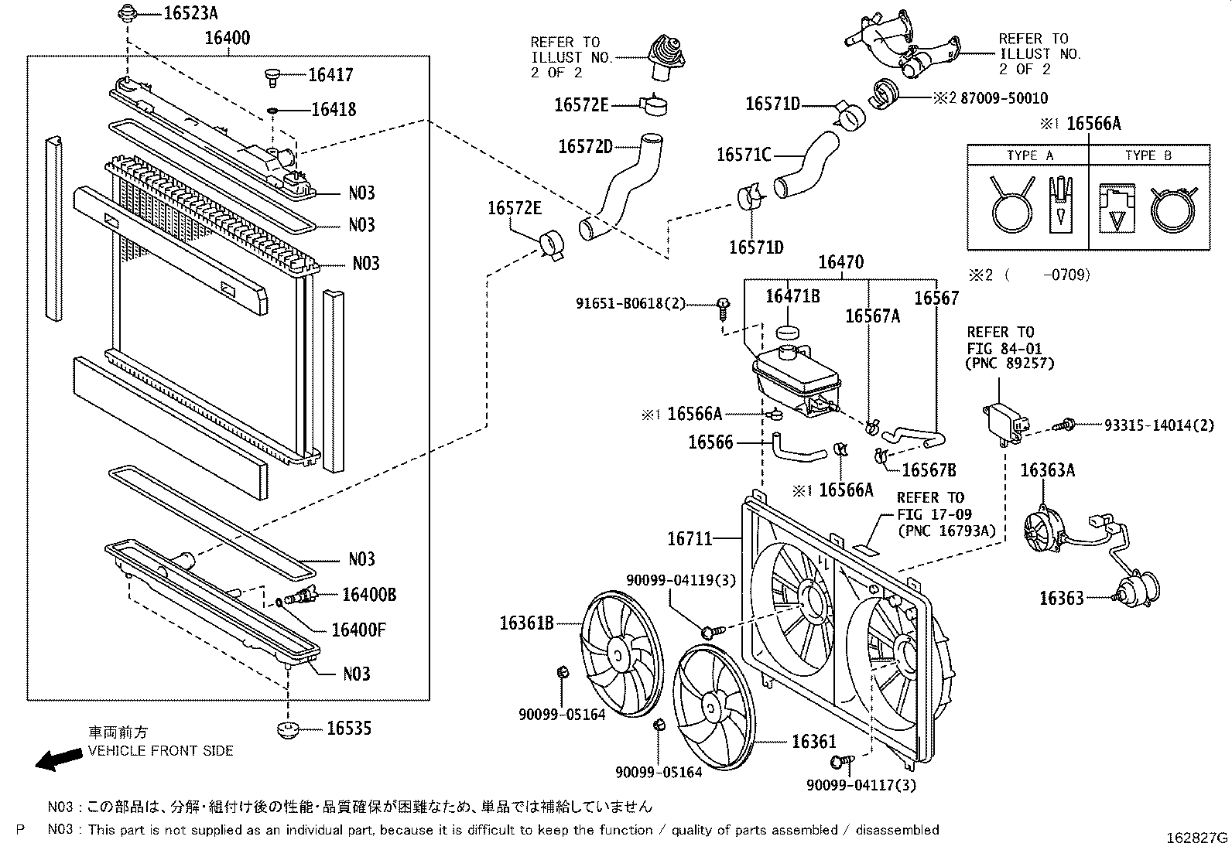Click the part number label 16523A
pyautogui.click(x=190, y=12)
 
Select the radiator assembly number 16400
pyautogui.click(x=228, y=38)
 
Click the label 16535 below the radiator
pyautogui.click(x=348, y=728)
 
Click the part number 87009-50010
pyautogui.click(x=1004, y=98)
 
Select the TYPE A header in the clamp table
pyautogui.click(x=1029, y=155)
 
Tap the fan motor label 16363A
pyautogui.click(x=1047, y=470)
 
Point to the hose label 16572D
pyautogui.click(x=585, y=147)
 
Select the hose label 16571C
pyautogui.click(x=744, y=155)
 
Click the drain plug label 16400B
pyautogui.click(x=369, y=594)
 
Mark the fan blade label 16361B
pyautogui.click(x=526, y=623)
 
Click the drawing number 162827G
pyautogui.click(x=1197, y=838)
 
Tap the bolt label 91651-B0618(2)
pyautogui.click(x=631, y=304)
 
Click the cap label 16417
pyautogui.click(x=330, y=75)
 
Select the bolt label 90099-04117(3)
pyautogui.click(x=861, y=785)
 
